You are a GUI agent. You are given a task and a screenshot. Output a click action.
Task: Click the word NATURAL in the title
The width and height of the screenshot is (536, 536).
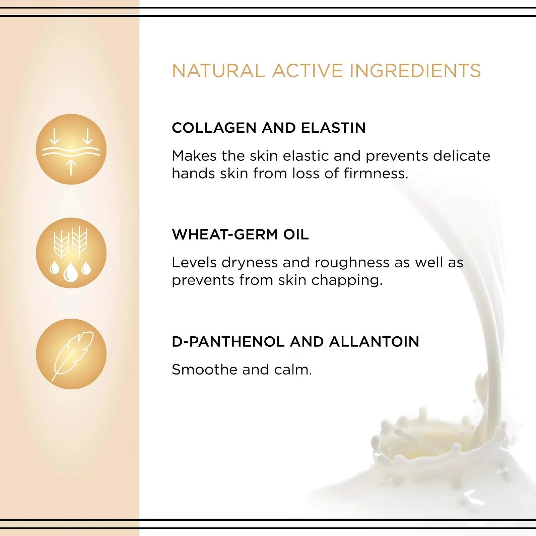point(218,71)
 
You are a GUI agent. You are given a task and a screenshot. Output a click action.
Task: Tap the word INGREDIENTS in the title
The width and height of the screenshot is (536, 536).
point(415,71)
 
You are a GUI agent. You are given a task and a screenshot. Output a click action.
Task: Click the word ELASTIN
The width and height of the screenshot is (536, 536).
point(333,128)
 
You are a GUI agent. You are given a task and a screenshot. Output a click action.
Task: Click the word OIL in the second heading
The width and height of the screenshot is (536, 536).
point(296,234)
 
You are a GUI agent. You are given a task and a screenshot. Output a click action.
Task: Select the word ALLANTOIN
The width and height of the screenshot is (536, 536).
point(374,342)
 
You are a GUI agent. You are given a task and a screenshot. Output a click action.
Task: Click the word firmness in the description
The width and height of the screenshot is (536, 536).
point(376,174)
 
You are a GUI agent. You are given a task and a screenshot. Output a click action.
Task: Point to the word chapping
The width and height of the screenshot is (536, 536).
point(347,281)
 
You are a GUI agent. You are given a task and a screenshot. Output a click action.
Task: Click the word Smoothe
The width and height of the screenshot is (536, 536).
point(204,370)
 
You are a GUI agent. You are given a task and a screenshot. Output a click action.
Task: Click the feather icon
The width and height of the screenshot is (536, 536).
point(72,356)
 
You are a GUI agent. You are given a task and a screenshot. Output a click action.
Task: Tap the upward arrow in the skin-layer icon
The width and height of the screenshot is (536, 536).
point(71,167)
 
